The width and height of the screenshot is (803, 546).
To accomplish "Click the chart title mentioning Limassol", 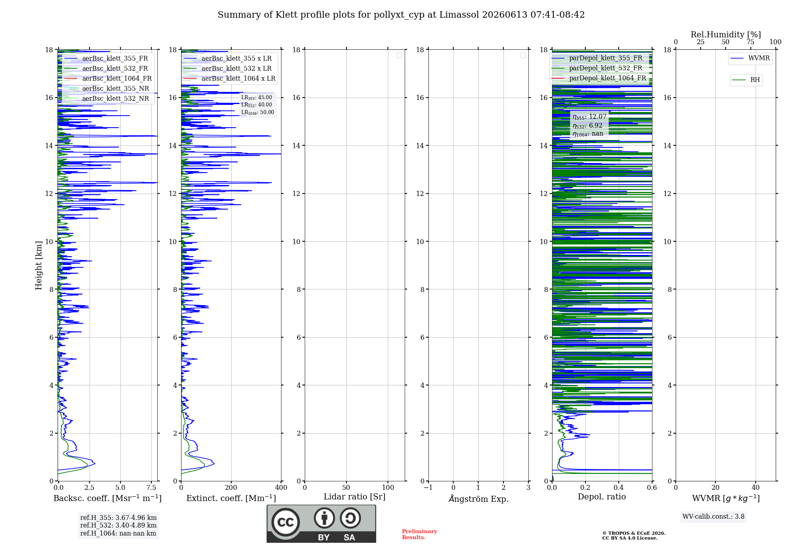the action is (x=401, y=15).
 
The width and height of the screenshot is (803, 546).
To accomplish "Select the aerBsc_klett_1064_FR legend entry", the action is (x=108, y=78).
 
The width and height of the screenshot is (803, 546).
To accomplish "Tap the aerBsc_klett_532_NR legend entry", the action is (x=106, y=98).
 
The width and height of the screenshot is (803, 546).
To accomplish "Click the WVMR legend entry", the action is (x=750, y=58).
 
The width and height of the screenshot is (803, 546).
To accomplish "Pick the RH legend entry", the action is (x=746, y=80).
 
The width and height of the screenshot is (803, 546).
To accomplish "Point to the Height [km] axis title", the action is (x=39, y=265).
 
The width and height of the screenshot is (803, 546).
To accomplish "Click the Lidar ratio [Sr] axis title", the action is (x=355, y=497).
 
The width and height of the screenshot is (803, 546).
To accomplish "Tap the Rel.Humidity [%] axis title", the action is (x=726, y=35).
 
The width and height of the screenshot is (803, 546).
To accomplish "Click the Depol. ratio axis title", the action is (x=602, y=497).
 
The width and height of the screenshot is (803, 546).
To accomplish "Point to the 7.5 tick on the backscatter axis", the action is (x=151, y=487).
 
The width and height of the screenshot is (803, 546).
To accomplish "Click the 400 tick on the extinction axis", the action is (x=281, y=487).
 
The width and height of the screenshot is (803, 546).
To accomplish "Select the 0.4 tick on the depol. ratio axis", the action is (x=619, y=487).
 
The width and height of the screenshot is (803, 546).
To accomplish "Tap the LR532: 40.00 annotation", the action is (x=257, y=105).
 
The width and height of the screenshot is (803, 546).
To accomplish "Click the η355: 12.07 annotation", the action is (x=589, y=117).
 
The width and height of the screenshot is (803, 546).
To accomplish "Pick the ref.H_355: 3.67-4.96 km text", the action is (x=118, y=517).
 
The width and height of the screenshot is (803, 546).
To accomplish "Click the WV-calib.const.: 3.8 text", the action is (x=713, y=517).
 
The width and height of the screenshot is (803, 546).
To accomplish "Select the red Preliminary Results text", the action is (x=420, y=534).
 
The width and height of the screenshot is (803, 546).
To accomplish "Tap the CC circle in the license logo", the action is (x=285, y=522).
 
